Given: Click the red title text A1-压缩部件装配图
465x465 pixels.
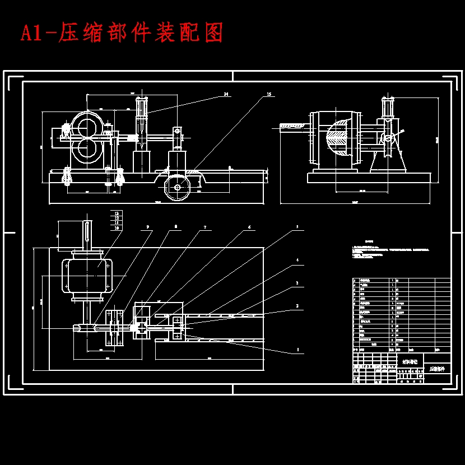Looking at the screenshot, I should coord(122,34).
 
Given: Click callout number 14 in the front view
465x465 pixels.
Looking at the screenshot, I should coord(226,94).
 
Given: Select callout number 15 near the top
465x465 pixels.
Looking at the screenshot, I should coord(269,95).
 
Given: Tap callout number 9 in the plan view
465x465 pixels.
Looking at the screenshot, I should coord(148,227).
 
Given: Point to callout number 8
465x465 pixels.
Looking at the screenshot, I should coord(176,227).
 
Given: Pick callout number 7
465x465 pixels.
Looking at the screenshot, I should coord(204,227).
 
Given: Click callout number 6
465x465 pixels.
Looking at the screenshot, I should coord(249,227).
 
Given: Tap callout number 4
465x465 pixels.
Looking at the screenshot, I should coord(297,261).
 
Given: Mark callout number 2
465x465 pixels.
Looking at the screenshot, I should coord(297,306).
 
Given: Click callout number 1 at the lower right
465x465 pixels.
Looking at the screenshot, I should coord(297,350).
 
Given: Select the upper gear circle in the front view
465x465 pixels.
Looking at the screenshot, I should coord(87,126).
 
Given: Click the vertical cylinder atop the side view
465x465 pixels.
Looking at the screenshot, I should coord(387,108).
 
